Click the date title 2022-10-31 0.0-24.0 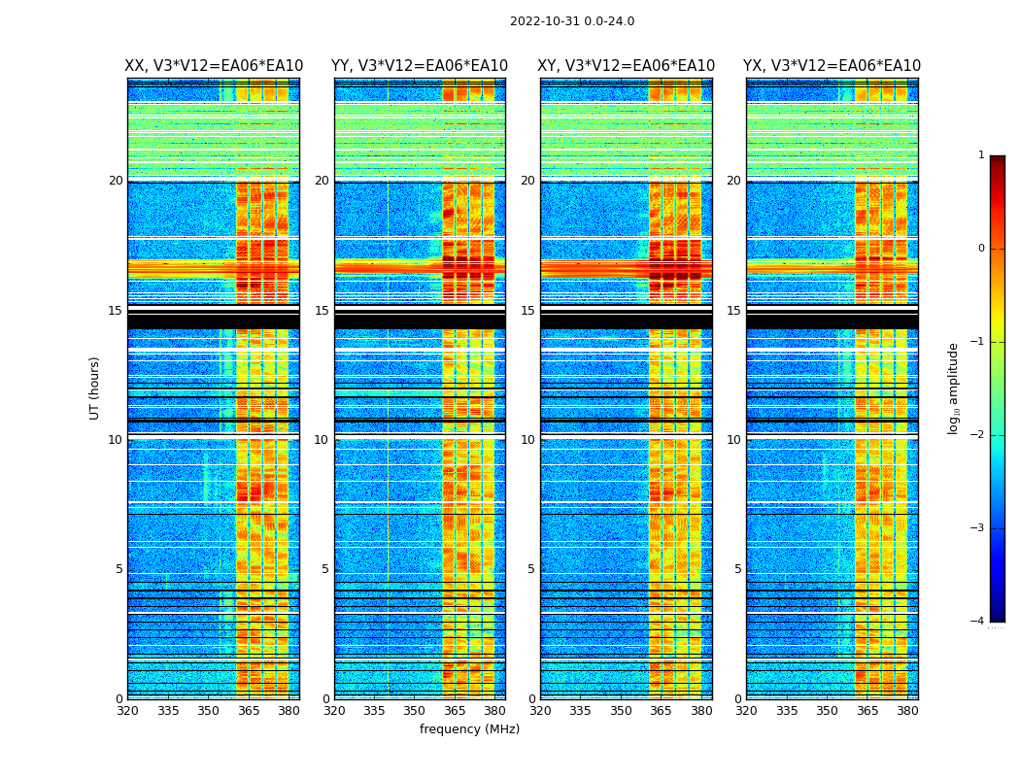(572, 21)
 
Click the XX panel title (214, 66)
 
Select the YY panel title (420, 66)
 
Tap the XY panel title (626, 66)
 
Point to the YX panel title (832, 66)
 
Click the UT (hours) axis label (95, 388)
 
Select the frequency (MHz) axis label (469, 729)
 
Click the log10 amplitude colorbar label (954, 388)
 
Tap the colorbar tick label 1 (981, 155)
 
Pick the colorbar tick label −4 (978, 622)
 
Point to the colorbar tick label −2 (978, 435)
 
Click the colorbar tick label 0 (981, 249)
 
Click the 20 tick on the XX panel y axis (116, 181)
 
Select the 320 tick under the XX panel (127, 711)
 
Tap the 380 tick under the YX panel (907, 711)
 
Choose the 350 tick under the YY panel (415, 711)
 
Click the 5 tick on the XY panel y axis (530, 570)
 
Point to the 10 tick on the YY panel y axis (322, 440)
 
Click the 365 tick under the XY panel (662, 711)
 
